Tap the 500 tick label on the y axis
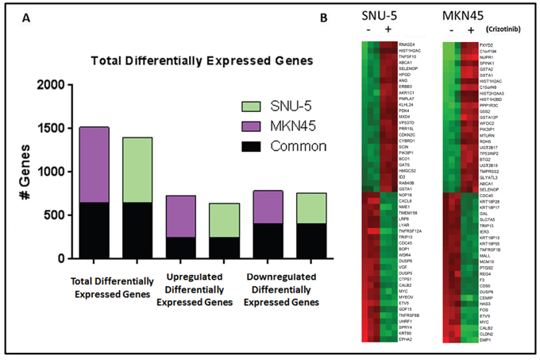pyautogui.click(x=60, y=215)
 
